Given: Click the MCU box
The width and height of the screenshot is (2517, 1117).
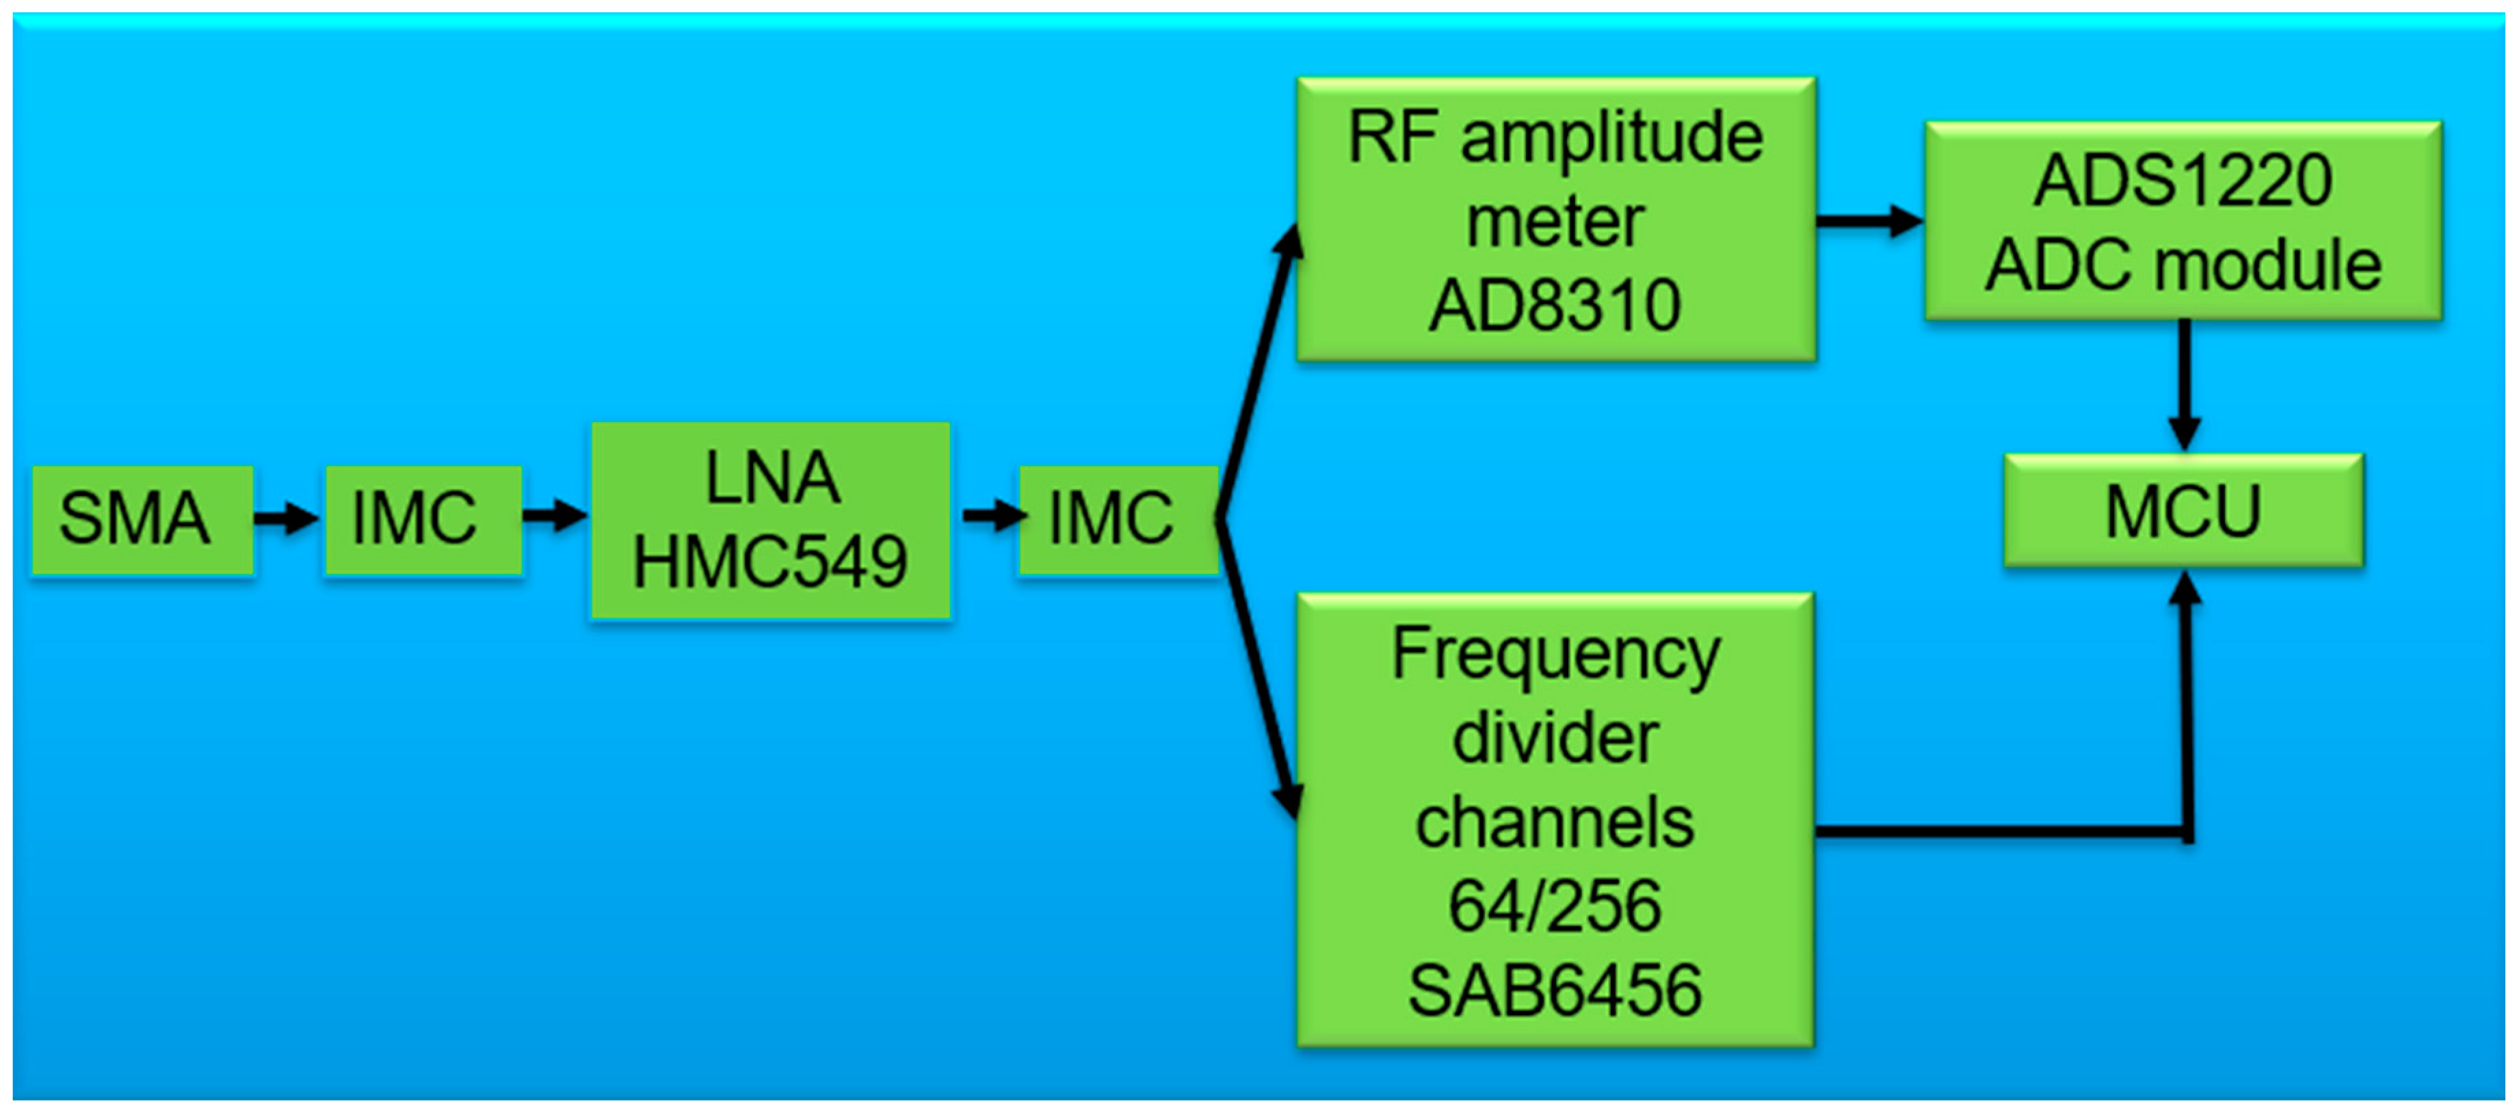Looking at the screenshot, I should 2183,510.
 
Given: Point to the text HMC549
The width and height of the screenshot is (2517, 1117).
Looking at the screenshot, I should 770,563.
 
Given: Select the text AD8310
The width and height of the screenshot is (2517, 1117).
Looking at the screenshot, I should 1555,306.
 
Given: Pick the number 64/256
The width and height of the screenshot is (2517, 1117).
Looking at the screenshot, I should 1555,906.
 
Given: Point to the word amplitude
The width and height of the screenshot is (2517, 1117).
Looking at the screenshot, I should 1612,139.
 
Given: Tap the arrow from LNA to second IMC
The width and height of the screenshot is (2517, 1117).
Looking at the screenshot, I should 992,515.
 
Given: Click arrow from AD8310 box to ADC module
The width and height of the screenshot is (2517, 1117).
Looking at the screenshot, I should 1868,221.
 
